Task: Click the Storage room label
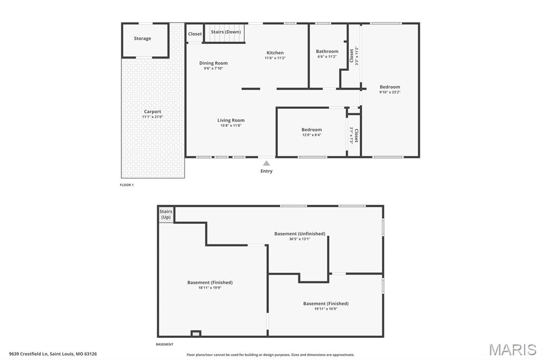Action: [x=142, y=39]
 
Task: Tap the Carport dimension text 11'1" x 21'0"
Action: [x=153, y=117]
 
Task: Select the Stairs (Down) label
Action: [x=226, y=32]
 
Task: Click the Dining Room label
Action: [x=213, y=63]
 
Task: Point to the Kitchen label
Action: [x=275, y=53]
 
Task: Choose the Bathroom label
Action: [x=327, y=52]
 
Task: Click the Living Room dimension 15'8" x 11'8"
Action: [x=231, y=126]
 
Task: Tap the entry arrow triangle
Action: [x=266, y=164]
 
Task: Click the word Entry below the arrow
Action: [x=266, y=171]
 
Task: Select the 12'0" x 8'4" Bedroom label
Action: [x=311, y=130]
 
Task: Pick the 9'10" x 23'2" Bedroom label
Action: [x=390, y=87]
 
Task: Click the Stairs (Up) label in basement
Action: [x=166, y=214]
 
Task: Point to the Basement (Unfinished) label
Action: [x=300, y=234]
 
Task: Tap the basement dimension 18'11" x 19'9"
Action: [x=210, y=288]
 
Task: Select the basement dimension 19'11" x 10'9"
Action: [x=325, y=309]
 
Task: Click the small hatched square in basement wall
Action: [x=196, y=333]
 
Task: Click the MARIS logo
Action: [x=512, y=349]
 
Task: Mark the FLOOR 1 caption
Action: [x=127, y=185]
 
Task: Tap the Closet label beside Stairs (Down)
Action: [x=195, y=34]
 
